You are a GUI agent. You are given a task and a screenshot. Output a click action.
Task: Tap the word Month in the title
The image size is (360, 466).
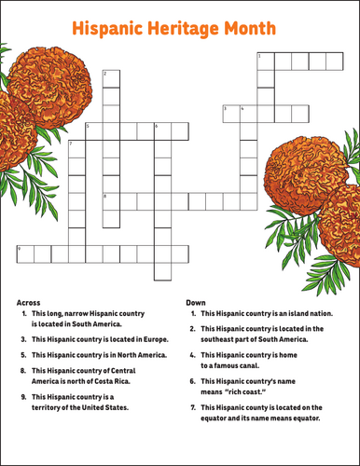coord(250,28)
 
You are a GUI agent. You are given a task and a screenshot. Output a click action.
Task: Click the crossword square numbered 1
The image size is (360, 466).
coord(266,62)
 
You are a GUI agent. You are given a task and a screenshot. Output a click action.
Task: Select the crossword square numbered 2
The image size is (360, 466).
coord(111,79)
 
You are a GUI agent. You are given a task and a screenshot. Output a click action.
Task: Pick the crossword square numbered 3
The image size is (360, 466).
coord(231,114)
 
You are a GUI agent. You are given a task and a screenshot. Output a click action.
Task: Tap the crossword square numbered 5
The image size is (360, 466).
coord(94,131)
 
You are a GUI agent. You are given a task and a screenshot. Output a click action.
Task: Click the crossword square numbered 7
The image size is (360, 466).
coord(76,149)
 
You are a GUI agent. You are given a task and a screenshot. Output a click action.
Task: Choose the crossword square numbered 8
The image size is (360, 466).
coord(111,201)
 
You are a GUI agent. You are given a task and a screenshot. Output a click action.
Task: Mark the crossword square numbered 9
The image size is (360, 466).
coord(25,254)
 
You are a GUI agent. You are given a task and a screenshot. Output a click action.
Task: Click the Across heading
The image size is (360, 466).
coord(28,303)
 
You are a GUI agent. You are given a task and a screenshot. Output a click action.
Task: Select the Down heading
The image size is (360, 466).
coord(196,303)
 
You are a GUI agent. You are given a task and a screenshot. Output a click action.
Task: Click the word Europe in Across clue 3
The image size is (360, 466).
coord(156,339)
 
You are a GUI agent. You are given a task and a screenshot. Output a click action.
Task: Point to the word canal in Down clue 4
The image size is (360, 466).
coord(250,365)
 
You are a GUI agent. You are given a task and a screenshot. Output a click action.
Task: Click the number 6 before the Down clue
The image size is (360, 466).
coord(192,381)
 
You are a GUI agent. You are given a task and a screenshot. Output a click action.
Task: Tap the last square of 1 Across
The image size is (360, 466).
coord(335,62)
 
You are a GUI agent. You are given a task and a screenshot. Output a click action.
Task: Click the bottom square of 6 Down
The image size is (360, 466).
coord(163,272)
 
